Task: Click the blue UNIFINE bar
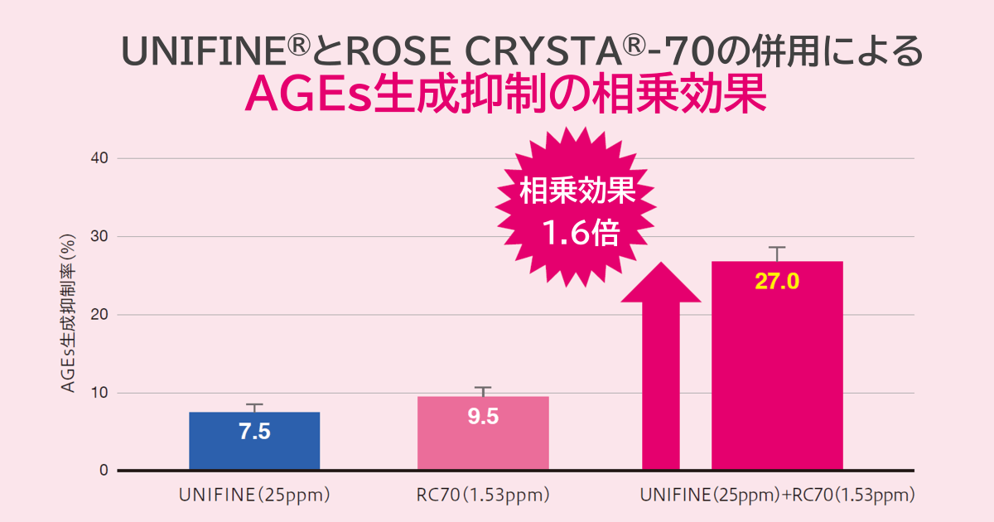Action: click(x=254, y=441)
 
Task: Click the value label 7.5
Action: click(x=254, y=432)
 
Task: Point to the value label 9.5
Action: click(x=483, y=416)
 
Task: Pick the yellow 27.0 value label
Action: click(x=776, y=282)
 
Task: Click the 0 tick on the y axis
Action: click(x=104, y=471)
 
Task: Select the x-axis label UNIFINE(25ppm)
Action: click(x=254, y=496)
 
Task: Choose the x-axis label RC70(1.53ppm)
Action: click(x=483, y=496)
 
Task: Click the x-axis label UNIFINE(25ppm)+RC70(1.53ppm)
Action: click(x=777, y=496)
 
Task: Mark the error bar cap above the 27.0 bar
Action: click(x=776, y=248)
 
